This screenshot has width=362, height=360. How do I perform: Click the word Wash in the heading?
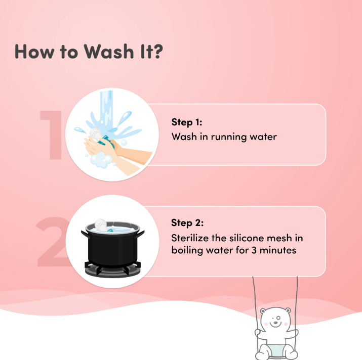pyautogui.click(x=109, y=51)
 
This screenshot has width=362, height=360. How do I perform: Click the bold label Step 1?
pyautogui.click(x=187, y=122)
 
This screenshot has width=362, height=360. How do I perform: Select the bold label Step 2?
pyautogui.click(x=187, y=223)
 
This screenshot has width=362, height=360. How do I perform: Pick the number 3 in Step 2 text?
pyautogui.click(x=254, y=250)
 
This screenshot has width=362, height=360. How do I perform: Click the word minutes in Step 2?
pyautogui.click(x=278, y=250)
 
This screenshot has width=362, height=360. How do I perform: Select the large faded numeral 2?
pyautogui.click(x=52, y=242)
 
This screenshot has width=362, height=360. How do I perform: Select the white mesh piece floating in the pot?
pyautogui.click(x=101, y=224)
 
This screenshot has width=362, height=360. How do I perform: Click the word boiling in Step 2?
pyautogui.click(x=187, y=251)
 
